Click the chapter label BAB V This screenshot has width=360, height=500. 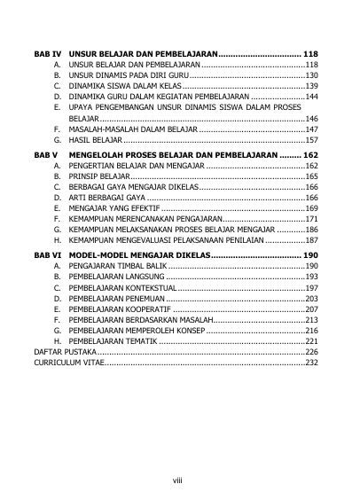(44, 155)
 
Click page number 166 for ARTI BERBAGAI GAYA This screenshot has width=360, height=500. (311, 196)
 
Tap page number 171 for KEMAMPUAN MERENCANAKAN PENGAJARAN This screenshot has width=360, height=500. (311, 218)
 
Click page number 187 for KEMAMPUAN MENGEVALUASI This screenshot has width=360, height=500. (311, 240)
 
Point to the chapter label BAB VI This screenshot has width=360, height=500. (45, 254)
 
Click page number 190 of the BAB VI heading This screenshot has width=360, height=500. (310, 254)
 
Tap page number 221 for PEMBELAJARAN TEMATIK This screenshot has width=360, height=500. (311, 340)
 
